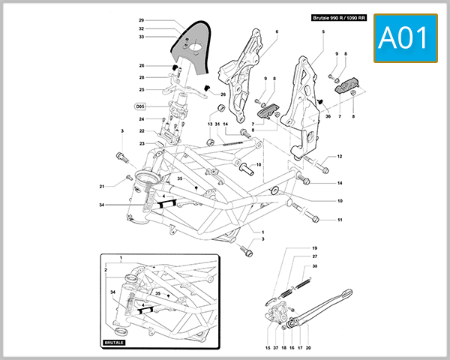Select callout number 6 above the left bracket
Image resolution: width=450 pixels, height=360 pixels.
(276, 31)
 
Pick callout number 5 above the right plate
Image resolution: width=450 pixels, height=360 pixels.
(323, 31)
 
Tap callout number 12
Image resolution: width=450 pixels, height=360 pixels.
(339, 157)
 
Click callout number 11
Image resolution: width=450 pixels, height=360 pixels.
(339, 220)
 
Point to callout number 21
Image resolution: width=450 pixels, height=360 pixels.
(102, 187)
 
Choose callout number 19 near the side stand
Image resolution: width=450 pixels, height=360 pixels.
(315, 248)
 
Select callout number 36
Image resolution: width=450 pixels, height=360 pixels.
(328, 116)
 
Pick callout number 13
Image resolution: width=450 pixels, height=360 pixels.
(210, 124)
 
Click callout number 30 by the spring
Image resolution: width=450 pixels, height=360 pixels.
(315, 266)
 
